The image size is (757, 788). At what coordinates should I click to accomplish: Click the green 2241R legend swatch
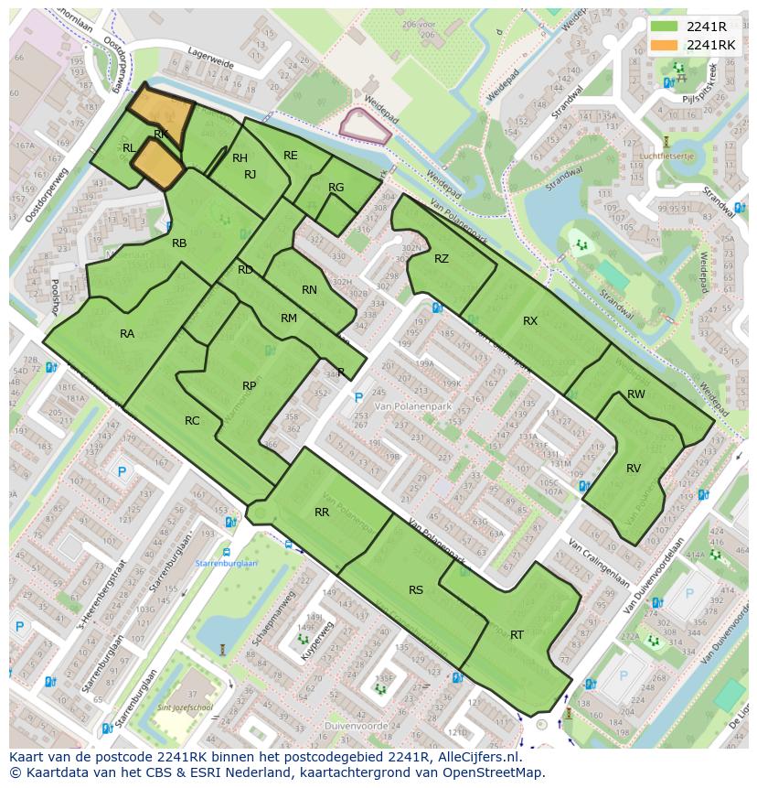[x=665, y=27]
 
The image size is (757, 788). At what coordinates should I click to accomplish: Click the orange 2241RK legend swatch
[x=665, y=45]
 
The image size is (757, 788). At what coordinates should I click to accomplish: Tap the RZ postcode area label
[x=442, y=259]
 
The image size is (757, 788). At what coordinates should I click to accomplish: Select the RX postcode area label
[x=530, y=320]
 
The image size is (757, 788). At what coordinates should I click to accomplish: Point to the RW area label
[x=636, y=394]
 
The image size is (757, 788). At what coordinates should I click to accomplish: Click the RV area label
[x=634, y=468]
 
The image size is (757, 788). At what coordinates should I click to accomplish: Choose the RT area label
[x=517, y=634]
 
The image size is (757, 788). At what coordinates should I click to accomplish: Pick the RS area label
[x=416, y=590]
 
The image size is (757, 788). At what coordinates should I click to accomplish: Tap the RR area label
[x=322, y=513]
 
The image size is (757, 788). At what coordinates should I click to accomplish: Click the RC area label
[x=192, y=421]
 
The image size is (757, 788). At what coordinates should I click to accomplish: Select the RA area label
[x=127, y=334]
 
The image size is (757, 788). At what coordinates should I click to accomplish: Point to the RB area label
[x=179, y=243]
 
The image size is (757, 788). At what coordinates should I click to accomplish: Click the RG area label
[x=336, y=188]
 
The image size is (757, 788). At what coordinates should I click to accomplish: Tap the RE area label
[x=291, y=156]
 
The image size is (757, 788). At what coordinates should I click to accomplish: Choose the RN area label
[x=309, y=290]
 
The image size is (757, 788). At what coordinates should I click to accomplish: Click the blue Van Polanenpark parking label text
[x=382, y=405]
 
